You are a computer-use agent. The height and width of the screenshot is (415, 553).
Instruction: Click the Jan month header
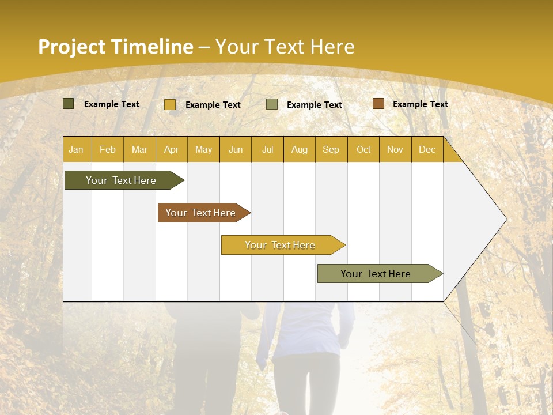coord(76,150)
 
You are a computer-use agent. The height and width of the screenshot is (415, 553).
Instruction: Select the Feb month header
coord(108,150)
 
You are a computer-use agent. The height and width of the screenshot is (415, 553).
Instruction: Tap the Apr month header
coord(172,150)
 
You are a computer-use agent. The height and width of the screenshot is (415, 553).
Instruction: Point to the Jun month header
coord(236,150)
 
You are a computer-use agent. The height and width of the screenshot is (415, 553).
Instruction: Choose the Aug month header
coord(300,150)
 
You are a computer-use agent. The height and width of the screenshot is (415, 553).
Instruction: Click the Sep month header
coord(331,150)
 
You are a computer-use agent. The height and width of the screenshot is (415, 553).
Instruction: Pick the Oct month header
coord(363,150)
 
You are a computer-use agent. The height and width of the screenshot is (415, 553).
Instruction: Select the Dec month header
coord(427,150)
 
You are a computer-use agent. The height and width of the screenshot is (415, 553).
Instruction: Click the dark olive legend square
coord(69,104)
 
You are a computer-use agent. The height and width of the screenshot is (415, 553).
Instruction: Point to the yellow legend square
coord(170,104)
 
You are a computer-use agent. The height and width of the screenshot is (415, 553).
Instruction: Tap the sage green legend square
coord(272,104)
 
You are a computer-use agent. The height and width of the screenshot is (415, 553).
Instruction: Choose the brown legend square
coord(378,104)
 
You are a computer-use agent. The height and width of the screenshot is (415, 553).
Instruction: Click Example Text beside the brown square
coord(420,104)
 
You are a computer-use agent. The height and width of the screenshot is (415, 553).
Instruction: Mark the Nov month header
coord(395,150)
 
